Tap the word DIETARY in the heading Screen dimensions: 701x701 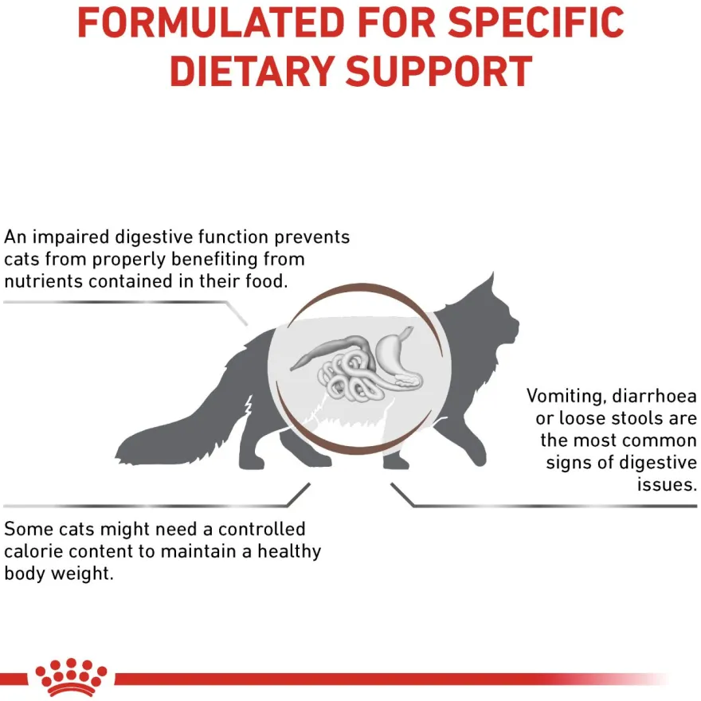click(253, 72)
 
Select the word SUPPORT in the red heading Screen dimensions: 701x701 click(439, 72)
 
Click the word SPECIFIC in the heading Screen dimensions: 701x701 click(536, 22)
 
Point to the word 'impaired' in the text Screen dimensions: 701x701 click(71, 237)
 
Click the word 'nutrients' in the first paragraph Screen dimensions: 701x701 click(44, 282)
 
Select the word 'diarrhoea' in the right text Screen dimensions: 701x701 click(654, 396)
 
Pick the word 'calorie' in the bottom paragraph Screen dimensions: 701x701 click(33, 551)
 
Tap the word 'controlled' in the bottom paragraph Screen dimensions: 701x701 click(261, 529)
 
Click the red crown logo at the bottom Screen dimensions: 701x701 click(71, 677)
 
